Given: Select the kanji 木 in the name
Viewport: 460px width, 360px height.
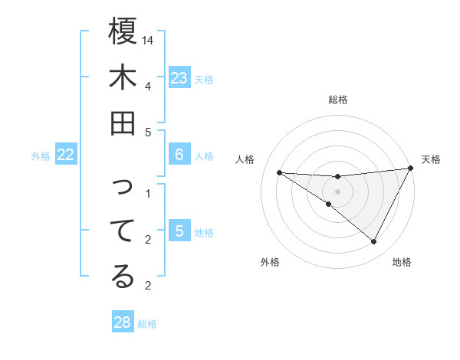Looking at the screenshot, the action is tap(123, 78).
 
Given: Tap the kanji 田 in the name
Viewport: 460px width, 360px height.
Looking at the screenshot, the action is tap(123, 124).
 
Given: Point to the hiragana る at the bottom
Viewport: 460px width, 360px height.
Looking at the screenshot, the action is tap(123, 277).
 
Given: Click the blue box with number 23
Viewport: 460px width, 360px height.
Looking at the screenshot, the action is tap(179, 78).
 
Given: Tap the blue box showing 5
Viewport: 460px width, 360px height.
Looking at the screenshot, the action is tap(179, 231).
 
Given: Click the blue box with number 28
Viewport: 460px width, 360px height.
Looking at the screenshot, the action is tap(123, 322).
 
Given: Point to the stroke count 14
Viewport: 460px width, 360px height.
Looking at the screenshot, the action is tap(149, 40).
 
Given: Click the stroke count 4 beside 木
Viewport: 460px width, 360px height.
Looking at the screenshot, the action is tap(149, 85).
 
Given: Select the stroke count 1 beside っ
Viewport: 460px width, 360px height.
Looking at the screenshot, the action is tap(149, 193).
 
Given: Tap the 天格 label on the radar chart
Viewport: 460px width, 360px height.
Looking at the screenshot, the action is tap(431, 159).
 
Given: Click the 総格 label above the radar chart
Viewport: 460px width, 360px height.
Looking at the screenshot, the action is tap(338, 100).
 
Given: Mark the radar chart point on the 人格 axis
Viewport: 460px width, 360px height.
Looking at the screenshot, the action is tap(280, 172).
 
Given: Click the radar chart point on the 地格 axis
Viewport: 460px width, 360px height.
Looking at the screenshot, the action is tap(374, 242).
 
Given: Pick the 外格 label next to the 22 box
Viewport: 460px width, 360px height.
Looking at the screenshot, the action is tap(41, 156).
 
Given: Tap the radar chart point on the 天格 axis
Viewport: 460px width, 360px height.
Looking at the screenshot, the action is tap(411, 169).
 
